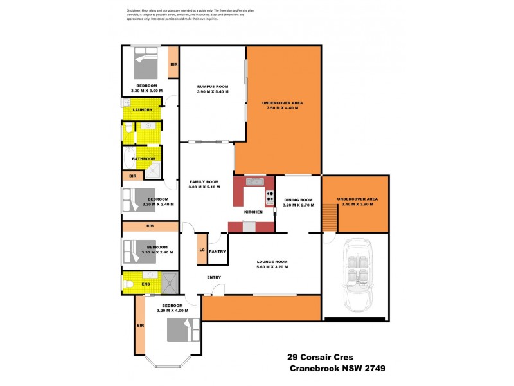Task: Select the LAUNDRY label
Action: (x=142, y=110)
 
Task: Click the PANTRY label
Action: (x=217, y=252)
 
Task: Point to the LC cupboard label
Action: (x=201, y=250)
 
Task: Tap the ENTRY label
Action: (x=214, y=277)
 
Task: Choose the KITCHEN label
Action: (x=253, y=212)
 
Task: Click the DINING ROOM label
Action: (x=299, y=199)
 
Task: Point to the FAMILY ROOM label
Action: (x=204, y=182)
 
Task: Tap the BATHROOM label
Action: (x=143, y=159)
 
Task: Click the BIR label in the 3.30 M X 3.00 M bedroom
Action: (x=173, y=64)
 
